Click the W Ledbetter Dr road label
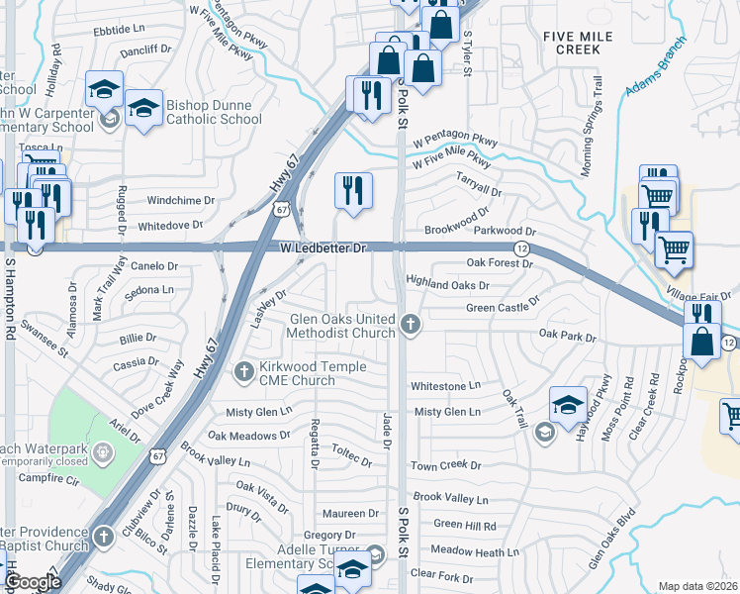[x=324, y=247]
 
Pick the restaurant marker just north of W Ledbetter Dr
[x=353, y=190]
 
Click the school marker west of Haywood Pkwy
[x=568, y=405]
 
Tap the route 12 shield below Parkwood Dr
[x=519, y=247]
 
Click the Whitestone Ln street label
[x=445, y=385]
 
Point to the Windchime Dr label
[x=181, y=200]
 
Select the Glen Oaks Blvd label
[x=611, y=540]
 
